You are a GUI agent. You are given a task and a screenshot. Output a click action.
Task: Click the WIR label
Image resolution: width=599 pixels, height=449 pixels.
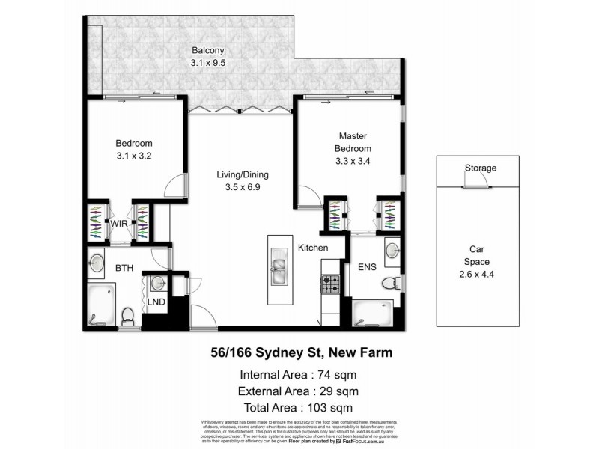tap(119, 223)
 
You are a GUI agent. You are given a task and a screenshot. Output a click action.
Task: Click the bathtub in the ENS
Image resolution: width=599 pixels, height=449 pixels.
tap(372, 313)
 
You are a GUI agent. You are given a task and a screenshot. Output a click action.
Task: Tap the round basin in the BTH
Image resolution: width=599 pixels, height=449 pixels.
tap(96, 263)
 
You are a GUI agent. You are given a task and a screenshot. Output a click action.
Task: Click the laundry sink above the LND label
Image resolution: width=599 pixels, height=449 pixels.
tap(157, 282)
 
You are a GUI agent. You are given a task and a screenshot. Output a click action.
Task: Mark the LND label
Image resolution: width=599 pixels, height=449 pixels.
tap(156, 302)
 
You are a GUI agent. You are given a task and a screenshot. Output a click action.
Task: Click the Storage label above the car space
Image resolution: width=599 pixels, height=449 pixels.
tap(480, 168)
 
